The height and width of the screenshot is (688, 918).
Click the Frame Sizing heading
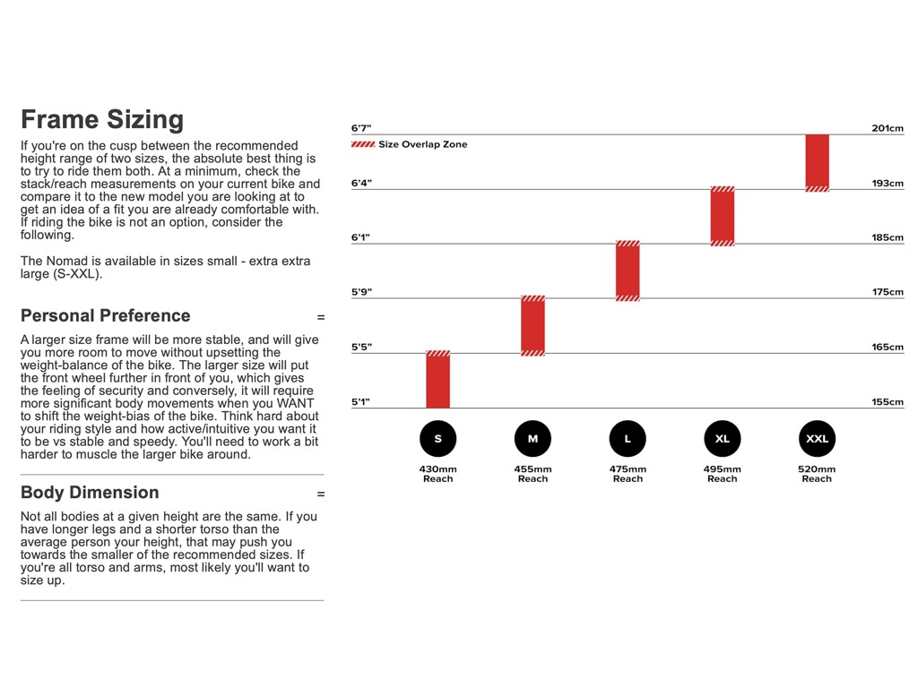(x=102, y=120)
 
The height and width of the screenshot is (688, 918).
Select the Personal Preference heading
(x=106, y=315)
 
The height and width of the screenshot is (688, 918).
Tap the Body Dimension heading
(x=90, y=492)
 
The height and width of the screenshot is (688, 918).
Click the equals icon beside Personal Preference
(x=321, y=317)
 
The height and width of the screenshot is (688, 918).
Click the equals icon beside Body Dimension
(x=321, y=494)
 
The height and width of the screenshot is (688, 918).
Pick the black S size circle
(x=437, y=439)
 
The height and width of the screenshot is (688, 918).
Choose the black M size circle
(x=533, y=439)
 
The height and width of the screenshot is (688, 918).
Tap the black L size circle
(x=628, y=439)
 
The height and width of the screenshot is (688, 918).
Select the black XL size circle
(x=723, y=439)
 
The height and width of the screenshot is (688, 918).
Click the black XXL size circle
(x=817, y=439)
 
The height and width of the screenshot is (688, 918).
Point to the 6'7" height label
(x=361, y=128)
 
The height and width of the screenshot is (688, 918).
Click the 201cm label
(x=888, y=128)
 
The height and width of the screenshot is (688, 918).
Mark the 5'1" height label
(x=361, y=402)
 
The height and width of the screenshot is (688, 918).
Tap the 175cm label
(x=888, y=292)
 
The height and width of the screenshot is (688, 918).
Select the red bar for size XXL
(x=817, y=162)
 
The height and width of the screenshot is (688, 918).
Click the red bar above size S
(x=437, y=380)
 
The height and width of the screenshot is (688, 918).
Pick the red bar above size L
(x=628, y=271)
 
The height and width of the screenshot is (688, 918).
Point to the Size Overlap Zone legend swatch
(x=363, y=144)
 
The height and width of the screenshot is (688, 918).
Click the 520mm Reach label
(x=817, y=474)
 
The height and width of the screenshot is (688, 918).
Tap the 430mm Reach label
(x=437, y=474)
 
